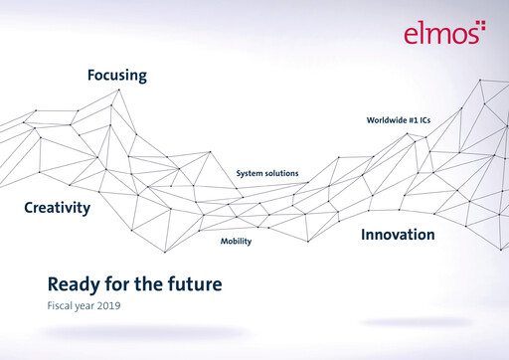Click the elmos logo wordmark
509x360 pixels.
(x=438, y=35)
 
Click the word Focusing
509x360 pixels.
(x=116, y=75)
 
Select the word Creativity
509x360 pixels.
(x=57, y=208)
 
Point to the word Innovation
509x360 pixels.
(x=398, y=235)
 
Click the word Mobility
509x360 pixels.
(x=236, y=242)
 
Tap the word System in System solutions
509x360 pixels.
(x=250, y=174)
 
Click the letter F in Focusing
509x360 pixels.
(x=90, y=75)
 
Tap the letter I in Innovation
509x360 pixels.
(x=363, y=235)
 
